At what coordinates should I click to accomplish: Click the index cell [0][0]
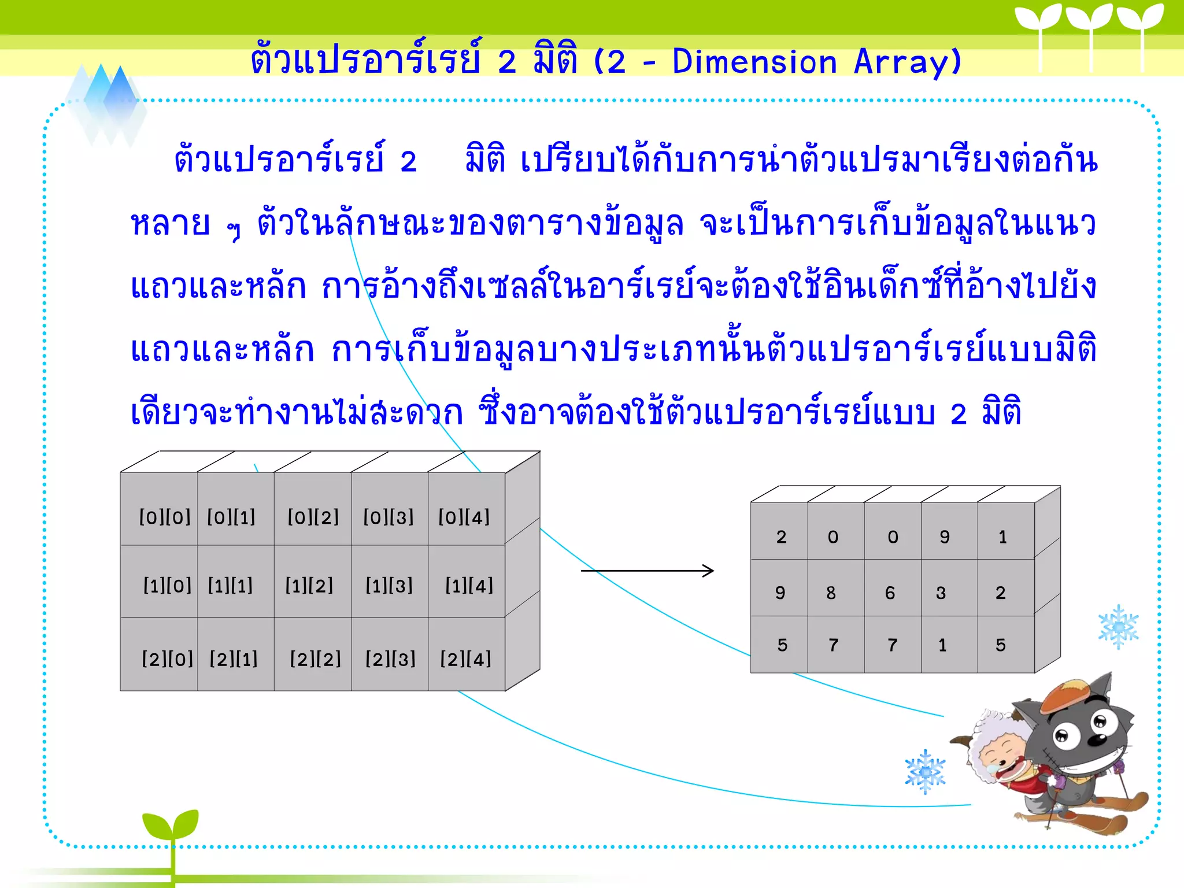165,517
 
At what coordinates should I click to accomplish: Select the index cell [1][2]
309,586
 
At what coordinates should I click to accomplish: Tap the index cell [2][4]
465,658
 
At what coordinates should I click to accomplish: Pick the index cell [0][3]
388,517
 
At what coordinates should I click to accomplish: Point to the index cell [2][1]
234,658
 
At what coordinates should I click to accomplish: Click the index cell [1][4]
469,586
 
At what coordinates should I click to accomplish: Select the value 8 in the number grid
831,593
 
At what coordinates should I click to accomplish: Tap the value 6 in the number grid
890,593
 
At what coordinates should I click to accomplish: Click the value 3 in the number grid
941,593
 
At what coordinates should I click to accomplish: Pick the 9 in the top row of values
945,537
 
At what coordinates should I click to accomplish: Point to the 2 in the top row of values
782,537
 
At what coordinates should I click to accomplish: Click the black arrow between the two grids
647,571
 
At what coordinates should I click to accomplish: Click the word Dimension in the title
754,62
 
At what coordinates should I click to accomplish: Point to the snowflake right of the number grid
1118,627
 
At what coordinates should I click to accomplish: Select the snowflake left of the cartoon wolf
925,772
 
